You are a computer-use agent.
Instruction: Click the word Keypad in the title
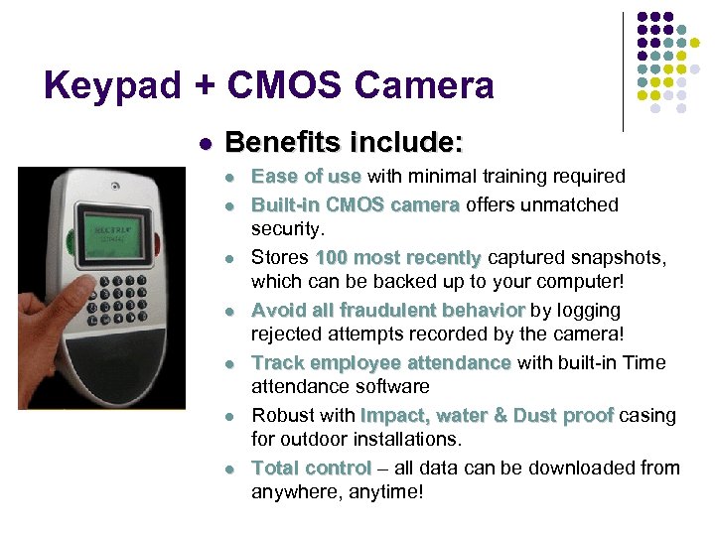(112, 86)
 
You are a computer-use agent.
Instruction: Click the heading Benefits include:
(344, 142)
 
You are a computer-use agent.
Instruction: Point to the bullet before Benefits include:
(205, 144)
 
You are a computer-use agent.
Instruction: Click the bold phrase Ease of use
(306, 177)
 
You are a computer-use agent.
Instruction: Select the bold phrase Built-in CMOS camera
(356, 205)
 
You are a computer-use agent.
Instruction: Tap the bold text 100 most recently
(397, 258)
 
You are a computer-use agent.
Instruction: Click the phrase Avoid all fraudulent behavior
(388, 311)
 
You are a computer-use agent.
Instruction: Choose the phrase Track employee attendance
(381, 363)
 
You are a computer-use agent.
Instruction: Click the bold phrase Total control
(311, 469)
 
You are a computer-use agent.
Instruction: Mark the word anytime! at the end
(388, 491)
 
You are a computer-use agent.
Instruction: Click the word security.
(288, 229)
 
